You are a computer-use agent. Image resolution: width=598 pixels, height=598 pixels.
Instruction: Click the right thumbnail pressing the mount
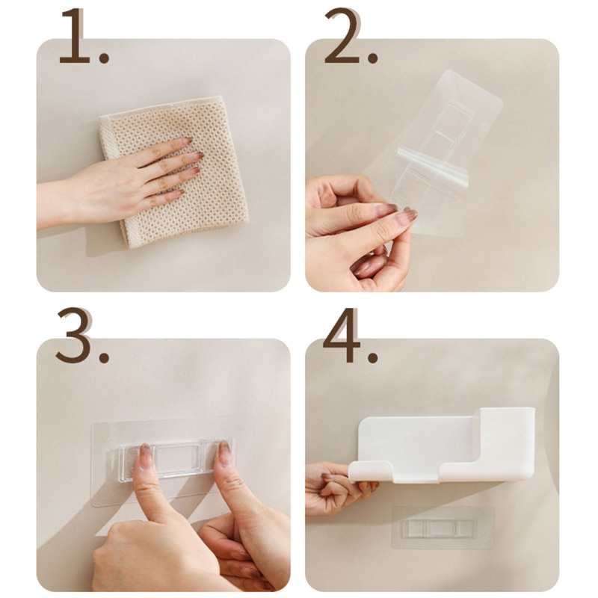(x=224, y=451)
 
